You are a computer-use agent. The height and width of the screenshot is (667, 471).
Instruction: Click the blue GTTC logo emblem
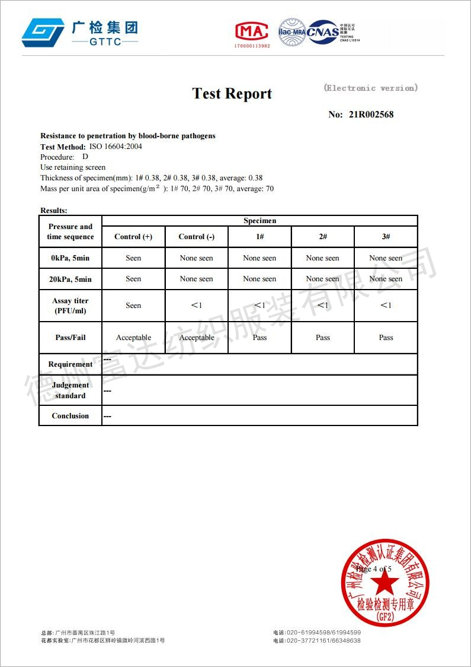43,32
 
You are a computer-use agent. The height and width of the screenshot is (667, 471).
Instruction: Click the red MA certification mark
252,31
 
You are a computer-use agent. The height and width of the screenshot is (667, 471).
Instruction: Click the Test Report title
232,94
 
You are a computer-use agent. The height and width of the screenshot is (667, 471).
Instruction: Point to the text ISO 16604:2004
116,147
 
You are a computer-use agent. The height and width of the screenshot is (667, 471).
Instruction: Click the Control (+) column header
133,237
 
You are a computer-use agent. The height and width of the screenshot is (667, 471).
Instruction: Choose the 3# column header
386,237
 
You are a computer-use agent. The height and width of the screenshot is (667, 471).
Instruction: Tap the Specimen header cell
259,221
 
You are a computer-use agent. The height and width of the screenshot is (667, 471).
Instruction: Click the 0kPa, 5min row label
71,258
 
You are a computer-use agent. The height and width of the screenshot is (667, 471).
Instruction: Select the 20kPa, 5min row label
71,279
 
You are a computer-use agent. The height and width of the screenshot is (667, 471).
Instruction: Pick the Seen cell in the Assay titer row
133,306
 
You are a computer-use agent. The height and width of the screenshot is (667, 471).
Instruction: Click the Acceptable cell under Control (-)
197,338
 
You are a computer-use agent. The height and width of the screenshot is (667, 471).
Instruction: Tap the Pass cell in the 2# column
323,338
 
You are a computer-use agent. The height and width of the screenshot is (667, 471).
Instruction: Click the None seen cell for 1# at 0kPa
259,258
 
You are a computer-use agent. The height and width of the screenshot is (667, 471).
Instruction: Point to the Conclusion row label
71,416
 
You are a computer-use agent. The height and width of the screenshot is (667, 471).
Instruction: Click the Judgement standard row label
71,390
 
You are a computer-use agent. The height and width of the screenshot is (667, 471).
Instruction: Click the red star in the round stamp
385,584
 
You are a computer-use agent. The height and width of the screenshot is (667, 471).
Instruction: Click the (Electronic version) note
371,88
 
